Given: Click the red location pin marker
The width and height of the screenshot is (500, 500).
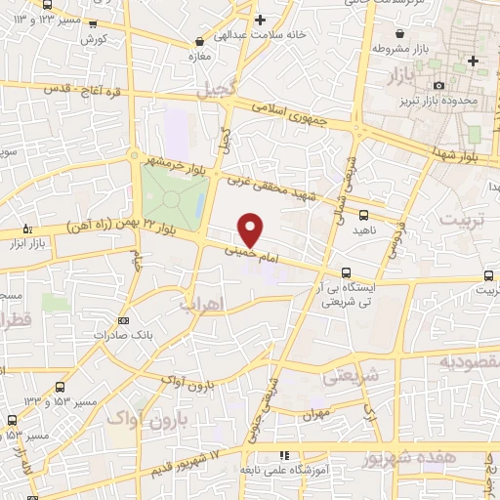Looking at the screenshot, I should pyautogui.click(x=251, y=229).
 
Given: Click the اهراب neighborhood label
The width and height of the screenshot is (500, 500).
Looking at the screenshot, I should pyautogui.click(x=201, y=304).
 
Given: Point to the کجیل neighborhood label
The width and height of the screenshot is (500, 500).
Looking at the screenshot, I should pyautogui.click(x=216, y=91).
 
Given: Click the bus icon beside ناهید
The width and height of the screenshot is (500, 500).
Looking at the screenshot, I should pyautogui.click(x=364, y=215).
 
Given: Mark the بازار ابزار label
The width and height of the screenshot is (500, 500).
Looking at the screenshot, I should pyautogui.click(x=29, y=242).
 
